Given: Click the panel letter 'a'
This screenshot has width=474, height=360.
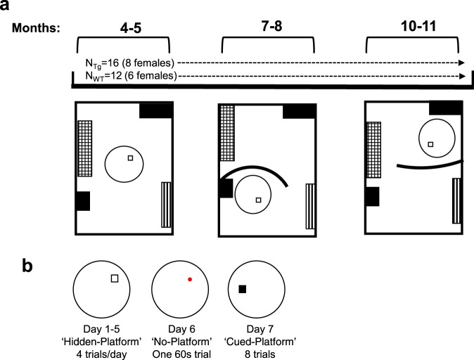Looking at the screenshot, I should pos(8,7).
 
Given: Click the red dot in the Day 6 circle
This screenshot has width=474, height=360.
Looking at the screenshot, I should pos(189,279).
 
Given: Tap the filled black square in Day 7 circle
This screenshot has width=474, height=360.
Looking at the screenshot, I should pos(242,289).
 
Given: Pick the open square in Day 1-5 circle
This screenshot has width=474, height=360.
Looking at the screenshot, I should pos(115,279).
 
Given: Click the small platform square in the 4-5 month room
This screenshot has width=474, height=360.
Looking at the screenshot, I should pos(130,158).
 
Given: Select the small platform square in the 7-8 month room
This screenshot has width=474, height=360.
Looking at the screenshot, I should pos(258,200).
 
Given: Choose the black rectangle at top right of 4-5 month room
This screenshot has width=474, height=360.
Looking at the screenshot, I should pos(155,110).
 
